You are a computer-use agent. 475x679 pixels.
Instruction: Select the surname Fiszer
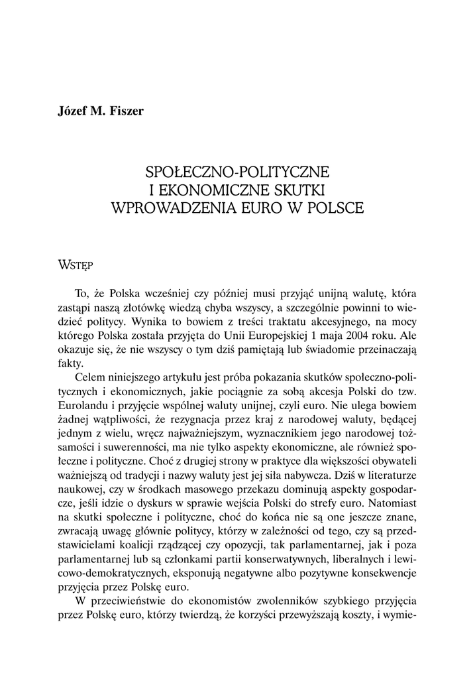click(126, 110)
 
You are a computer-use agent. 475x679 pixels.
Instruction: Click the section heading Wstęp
click(75, 265)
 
